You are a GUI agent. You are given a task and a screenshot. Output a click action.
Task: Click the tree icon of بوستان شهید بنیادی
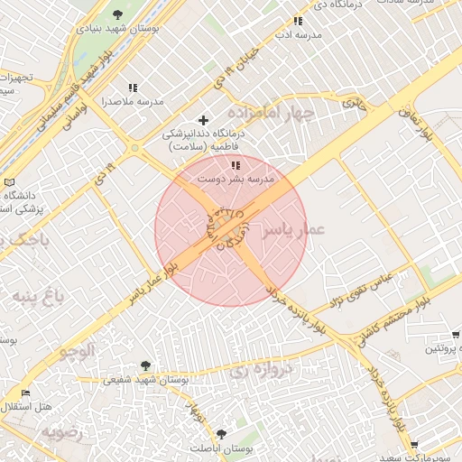tap(118, 13)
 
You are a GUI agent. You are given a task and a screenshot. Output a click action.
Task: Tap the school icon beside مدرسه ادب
tap(298, 21)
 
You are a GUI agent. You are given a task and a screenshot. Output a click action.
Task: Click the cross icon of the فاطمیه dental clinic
tap(203, 120)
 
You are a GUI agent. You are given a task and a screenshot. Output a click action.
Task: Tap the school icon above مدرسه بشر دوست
tap(236, 165)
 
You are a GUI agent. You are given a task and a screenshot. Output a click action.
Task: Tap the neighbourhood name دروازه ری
tap(262, 368)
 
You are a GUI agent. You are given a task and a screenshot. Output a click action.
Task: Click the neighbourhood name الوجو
tap(78, 350)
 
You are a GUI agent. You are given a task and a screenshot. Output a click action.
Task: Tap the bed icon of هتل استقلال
tap(25, 393)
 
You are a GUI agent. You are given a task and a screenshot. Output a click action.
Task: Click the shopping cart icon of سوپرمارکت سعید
tap(414, 445)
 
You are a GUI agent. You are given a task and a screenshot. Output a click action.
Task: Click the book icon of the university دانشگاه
tap(10, 181)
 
